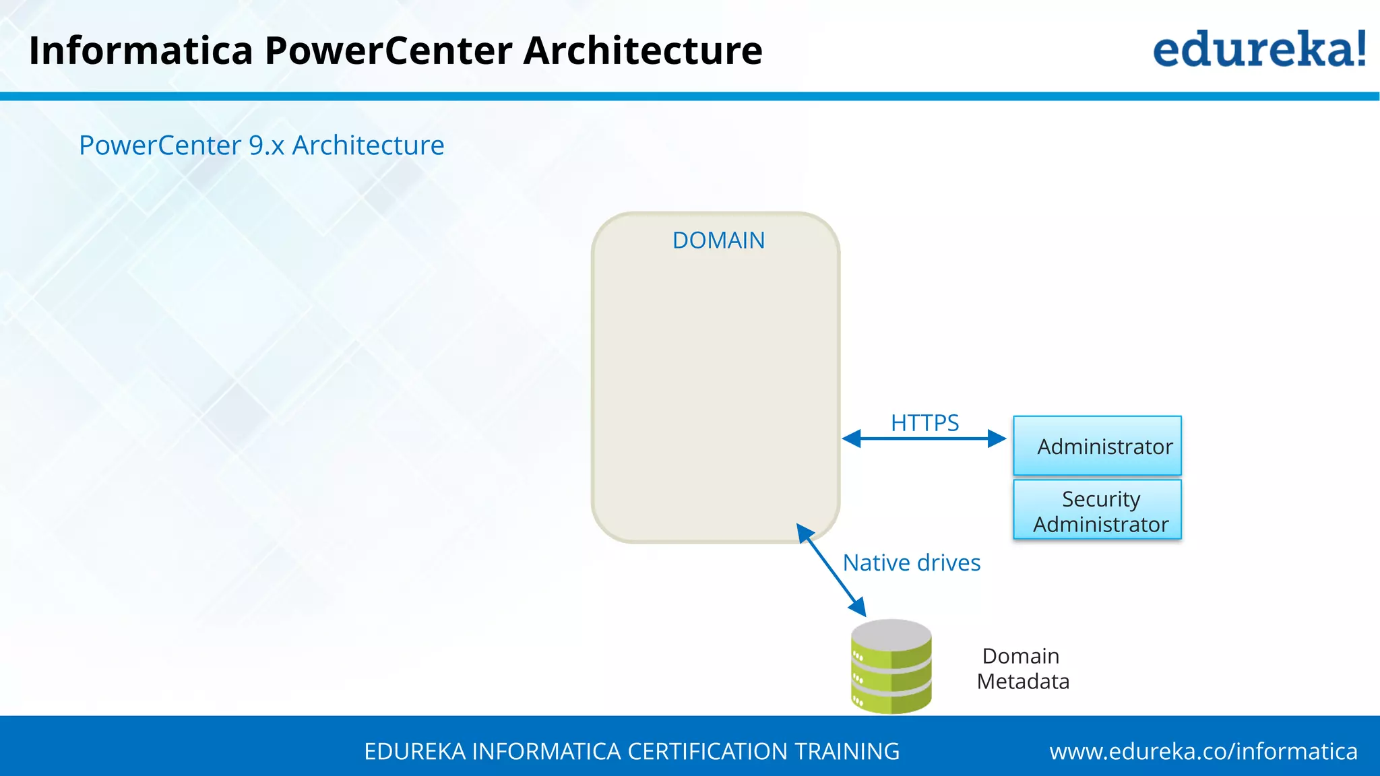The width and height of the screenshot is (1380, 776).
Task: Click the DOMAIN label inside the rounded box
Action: click(x=718, y=240)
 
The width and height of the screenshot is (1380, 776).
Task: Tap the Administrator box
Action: click(x=1097, y=446)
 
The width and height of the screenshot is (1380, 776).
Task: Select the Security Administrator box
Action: click(x=1097, y=510)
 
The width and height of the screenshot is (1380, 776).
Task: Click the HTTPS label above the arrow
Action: click(x=924, y=423)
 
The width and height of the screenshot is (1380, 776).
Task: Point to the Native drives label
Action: click(x=911, y=562)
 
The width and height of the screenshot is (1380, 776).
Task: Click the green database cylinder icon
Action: click(x=891, y=667)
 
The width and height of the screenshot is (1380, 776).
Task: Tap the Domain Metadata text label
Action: click(x=1022, y=668)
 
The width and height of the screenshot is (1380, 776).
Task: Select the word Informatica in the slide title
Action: click(x=141, y=51)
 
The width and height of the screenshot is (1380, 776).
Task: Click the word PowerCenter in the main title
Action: click(x=388, y=51)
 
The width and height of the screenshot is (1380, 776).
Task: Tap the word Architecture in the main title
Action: click(x=643, y=51)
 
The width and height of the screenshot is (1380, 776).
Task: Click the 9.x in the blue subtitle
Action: click(x=266, y=145)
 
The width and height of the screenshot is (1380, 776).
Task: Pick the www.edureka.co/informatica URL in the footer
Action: click(x=1203, y=751)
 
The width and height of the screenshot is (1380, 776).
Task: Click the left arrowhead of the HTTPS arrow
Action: click(x=852, y=439)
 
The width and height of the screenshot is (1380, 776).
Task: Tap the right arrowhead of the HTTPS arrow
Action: click(x=997, y=439)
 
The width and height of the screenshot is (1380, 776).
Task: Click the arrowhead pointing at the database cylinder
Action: click(x=858, y=607)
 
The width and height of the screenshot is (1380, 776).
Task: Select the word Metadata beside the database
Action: click(x=1023, y=681)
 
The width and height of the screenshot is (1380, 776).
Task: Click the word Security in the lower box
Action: click(x=1100, y=499)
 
